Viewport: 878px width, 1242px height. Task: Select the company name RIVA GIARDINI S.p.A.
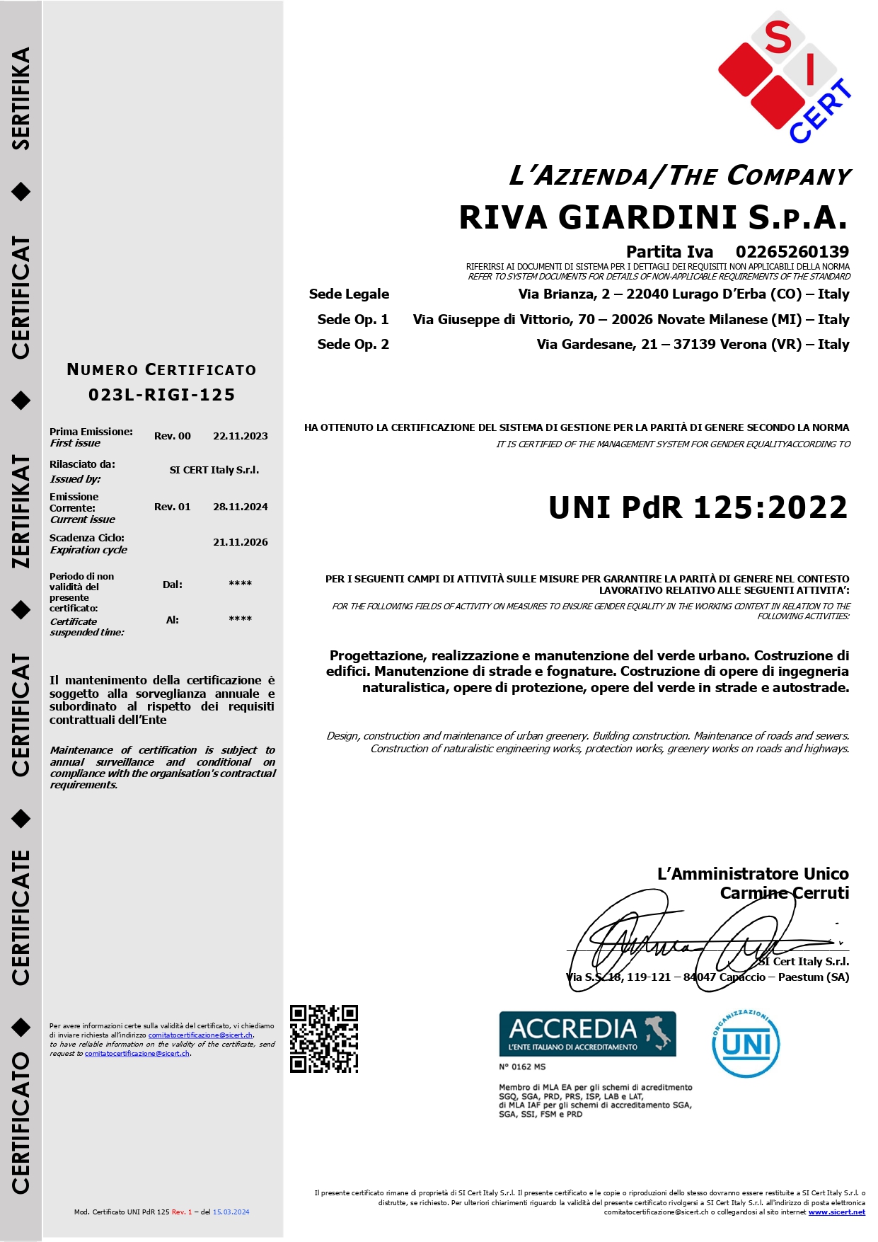[652, 217]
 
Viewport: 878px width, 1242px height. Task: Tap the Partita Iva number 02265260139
[792, 252]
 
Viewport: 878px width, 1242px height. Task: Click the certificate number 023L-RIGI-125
[161, 395]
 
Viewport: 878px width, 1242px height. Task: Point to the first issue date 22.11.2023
[240, 436]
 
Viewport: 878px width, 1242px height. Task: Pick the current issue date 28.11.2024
[240, 507]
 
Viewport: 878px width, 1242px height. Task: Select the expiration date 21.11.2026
[240, 542]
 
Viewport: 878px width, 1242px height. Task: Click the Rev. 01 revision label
[172, 507]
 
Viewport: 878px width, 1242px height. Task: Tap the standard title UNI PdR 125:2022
[698, 507]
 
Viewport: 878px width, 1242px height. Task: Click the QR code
[324, 1039]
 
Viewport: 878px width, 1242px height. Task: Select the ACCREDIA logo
[587, 1034]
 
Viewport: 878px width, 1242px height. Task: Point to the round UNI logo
[746, 1044]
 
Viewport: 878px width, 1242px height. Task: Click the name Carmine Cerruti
[784, 893]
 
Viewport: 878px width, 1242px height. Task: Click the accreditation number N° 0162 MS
[522, 1066]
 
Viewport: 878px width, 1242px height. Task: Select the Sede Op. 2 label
[353, 345]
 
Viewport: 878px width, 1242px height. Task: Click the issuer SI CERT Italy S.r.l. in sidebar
[214, 470]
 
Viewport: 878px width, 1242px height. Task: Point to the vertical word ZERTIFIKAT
[21, 512]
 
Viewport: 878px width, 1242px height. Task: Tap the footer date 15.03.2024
[231, 1212]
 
